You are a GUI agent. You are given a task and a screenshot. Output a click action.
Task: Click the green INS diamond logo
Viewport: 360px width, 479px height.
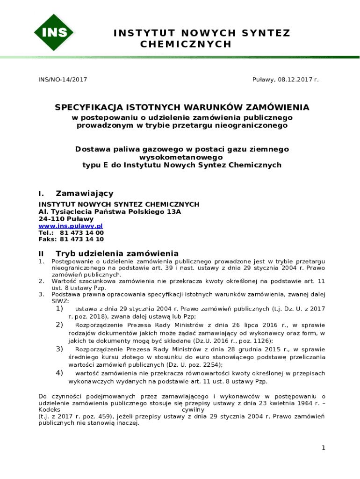click(x=54, y=32)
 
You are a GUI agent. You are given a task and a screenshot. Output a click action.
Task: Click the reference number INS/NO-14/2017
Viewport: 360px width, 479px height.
click(x=63, y=80)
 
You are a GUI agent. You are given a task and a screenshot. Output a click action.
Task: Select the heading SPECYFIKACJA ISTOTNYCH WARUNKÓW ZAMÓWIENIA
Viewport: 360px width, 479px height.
click(x=182, y=108)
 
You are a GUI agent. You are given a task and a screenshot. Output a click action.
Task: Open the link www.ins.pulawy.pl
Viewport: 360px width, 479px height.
click(x=71, y=226)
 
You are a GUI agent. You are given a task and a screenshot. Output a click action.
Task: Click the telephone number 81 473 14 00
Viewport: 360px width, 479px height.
click(x=82, y=232)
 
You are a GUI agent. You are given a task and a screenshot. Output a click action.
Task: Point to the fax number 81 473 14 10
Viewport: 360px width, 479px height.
click(x=82, y=239)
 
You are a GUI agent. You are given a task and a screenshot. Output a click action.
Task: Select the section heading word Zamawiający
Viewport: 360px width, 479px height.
click(x=85, y=194)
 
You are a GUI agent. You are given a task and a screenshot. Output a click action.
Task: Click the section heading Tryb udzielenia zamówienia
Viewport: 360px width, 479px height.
click(x=117, y=253)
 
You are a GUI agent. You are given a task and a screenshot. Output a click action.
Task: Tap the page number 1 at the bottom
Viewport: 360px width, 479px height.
click(x=323, y=448)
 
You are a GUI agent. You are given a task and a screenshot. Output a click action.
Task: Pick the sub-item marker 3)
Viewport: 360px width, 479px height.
click(x=59, y=349)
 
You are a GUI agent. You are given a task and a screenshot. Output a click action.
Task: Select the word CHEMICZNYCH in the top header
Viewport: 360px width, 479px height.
click(x=186, y=44)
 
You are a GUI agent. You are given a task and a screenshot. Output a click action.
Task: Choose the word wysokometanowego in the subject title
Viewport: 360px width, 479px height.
click(x=182, y=158)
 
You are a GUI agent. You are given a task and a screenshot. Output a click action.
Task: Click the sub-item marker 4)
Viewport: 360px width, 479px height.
click(x=59, y=373)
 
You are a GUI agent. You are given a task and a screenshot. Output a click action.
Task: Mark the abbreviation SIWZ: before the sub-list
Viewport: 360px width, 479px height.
click(x=60, y=302)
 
